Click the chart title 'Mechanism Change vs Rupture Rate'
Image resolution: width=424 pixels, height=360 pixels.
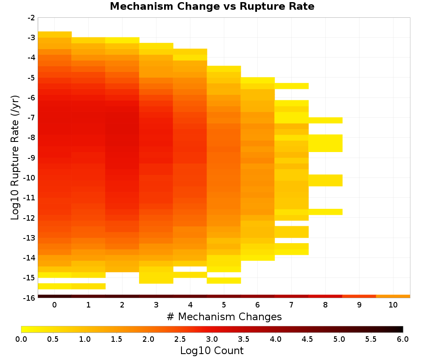click(212, 6)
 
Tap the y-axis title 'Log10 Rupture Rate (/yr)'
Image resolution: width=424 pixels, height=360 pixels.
click(15, 158)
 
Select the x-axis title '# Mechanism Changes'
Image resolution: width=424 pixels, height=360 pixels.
click(224, 316)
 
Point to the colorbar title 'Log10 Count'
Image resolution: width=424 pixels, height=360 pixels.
click(212, 351)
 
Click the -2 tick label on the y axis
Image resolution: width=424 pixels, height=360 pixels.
click(31, 18)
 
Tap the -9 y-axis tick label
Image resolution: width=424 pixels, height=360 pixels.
click(31, 158)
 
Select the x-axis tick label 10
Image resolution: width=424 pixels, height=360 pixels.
click(393, 305)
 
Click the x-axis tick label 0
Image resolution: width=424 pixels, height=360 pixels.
click(55, 305)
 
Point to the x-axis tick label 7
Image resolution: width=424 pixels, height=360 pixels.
click(291, 305)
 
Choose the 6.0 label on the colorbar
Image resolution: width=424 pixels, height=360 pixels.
click(403, 339)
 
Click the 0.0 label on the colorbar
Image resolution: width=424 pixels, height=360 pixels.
click(21, 339)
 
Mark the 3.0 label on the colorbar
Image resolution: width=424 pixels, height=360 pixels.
click(212, 339)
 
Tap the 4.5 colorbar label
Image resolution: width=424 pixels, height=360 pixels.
click(307, 339)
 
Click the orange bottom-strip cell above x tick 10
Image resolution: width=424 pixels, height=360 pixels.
click(393, 296)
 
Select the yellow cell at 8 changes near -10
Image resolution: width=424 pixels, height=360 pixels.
click(326, 180)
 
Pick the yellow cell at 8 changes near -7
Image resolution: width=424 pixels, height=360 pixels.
click(326, 120)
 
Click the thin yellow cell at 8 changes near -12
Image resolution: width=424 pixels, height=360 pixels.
click(326, 212)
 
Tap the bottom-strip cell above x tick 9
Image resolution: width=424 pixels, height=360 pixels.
click(359, 296)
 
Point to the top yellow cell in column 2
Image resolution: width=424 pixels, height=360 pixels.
click(122, 40)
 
